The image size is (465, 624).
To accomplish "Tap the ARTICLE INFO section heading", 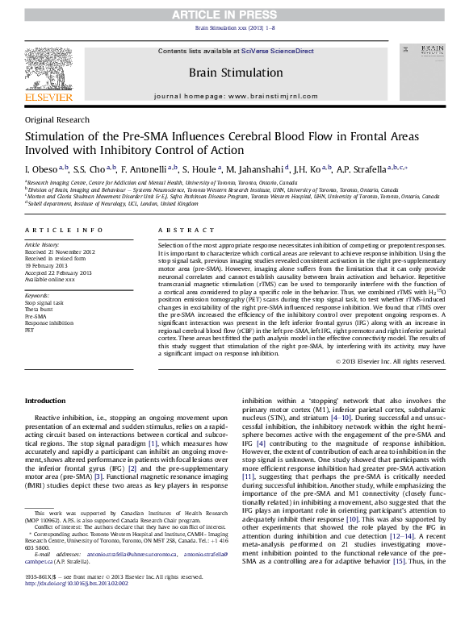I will (x=59, y=230).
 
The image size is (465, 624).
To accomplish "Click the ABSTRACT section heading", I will (x=178, y=230).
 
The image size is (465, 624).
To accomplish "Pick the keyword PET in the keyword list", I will (x=30, y=331).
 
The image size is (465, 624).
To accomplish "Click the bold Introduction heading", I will (x=45, y=401).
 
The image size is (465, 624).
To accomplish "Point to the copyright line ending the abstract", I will (x=390, y=361).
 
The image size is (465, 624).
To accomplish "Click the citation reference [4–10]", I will (x=333, y=418).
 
